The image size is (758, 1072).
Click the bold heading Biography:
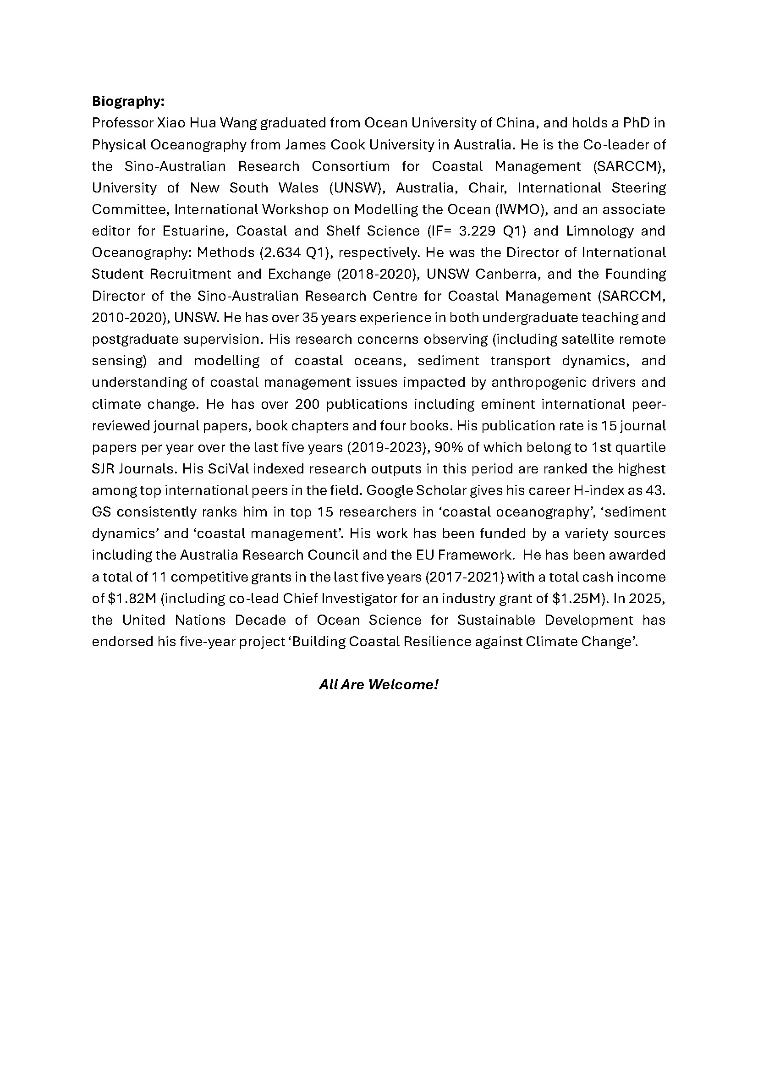coord(128,101)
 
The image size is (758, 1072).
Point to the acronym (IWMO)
coord(521,209)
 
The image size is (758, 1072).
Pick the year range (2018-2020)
coord(377,274)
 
